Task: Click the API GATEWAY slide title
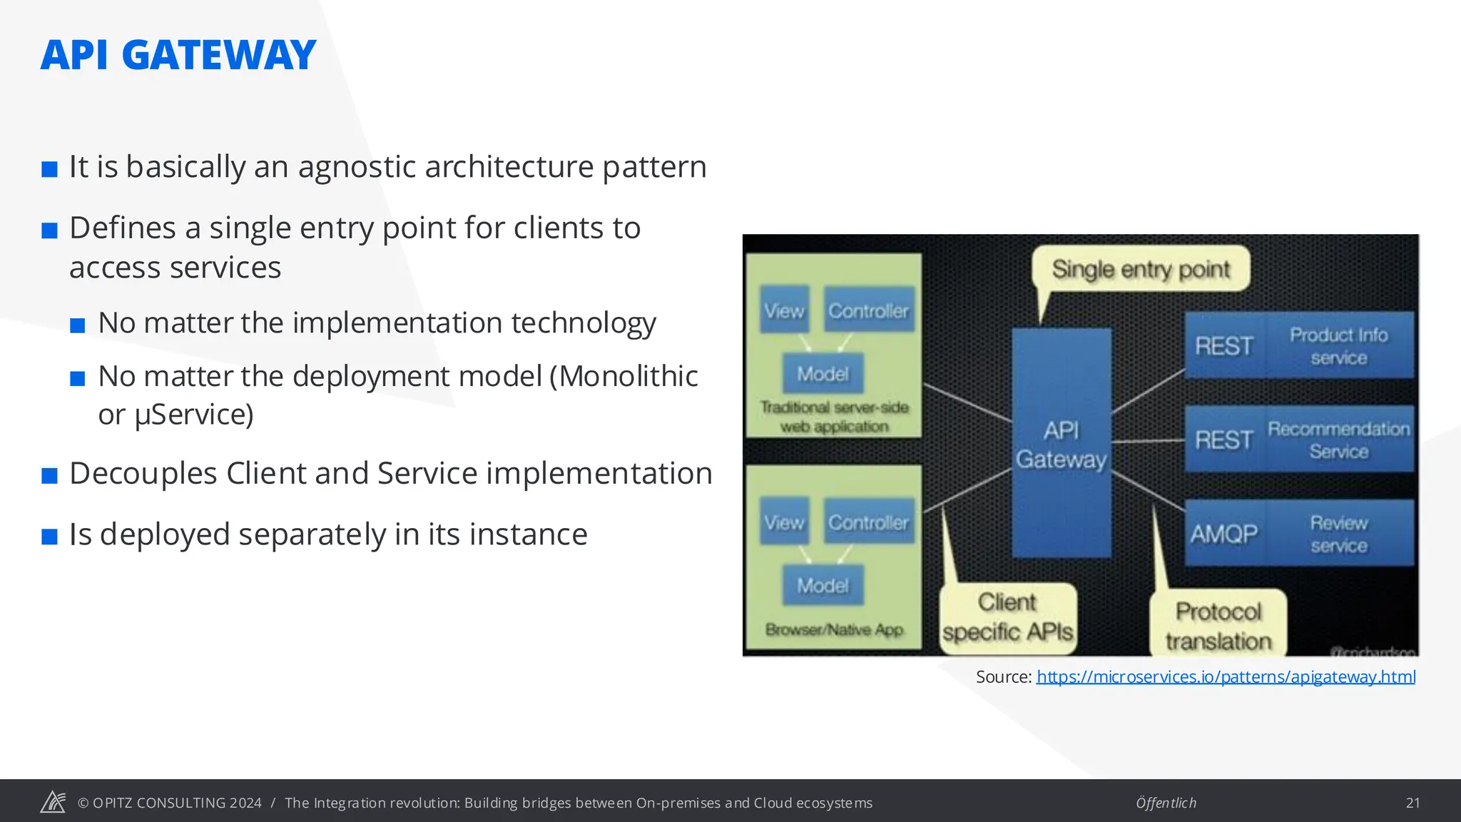(x=178, y=56)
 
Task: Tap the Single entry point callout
(x=1141, y=269)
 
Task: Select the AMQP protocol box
(x=1224, y=534)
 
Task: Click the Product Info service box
(x=1339, y=346)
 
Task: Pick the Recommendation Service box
(x=1339, y=440)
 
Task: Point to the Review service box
(x=1339, y=534)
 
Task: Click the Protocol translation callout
(x=1218, y=626)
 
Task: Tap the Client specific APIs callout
(x=1007, y=617)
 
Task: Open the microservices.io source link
(x=1226, y=676)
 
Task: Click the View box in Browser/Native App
(x=784, y=522)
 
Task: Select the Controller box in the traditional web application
(x=868, y=311)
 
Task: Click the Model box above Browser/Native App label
(x=823, y=586)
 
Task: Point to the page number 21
(x=1412, y=803)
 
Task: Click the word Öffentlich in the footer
(x=1166, y=803)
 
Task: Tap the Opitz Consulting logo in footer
(x=53, y=802)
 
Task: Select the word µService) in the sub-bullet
(x=193, y=415)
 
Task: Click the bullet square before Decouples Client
(x=49, y=475)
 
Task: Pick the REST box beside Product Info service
(x=1224, y=346)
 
